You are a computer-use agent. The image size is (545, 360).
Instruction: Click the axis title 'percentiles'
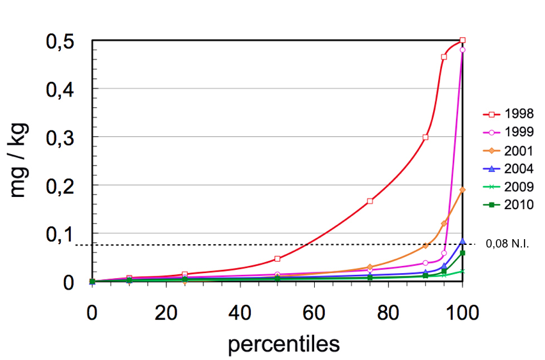click(x=283, y=343)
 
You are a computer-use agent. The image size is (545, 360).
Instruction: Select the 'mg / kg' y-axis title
click(x=19, y=161)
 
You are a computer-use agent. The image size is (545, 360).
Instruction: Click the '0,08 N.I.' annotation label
click(x=507, y=244)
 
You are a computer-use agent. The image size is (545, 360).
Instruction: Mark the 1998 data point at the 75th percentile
click(x=370, y=201)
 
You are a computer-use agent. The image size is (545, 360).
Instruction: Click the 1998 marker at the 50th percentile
click(x=278, y=258)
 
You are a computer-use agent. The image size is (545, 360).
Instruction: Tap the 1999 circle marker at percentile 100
click(x=462, y=50)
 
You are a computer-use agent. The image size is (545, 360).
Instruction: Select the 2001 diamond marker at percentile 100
click(x=462, y=190)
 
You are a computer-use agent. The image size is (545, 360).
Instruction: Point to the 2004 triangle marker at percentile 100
click(x=462, y=241)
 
